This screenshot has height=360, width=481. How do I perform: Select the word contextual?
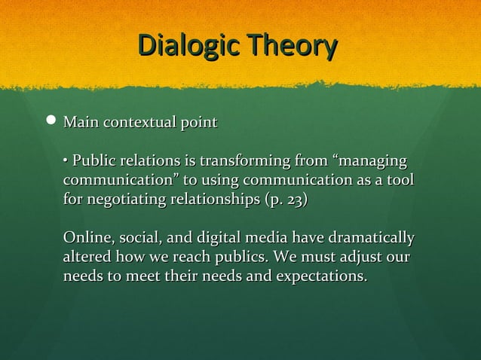138,122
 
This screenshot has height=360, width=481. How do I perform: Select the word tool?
400,182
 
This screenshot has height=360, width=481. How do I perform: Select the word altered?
87,258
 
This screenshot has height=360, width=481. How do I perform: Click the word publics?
237,258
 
